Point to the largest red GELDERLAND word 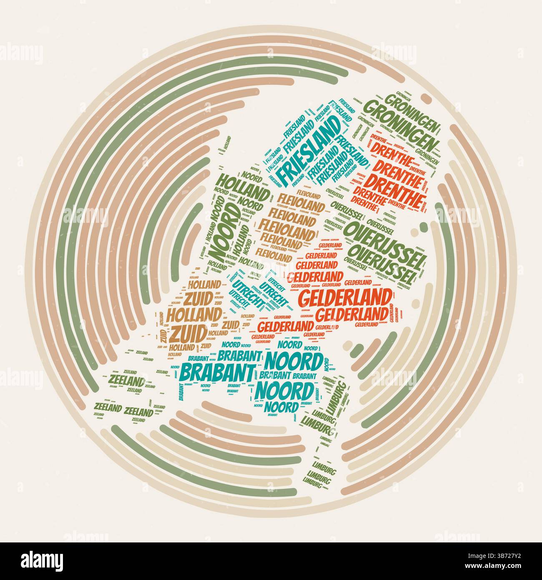pos(346,297)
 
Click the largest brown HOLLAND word pos(201,314)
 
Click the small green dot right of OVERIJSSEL pos(424,227)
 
